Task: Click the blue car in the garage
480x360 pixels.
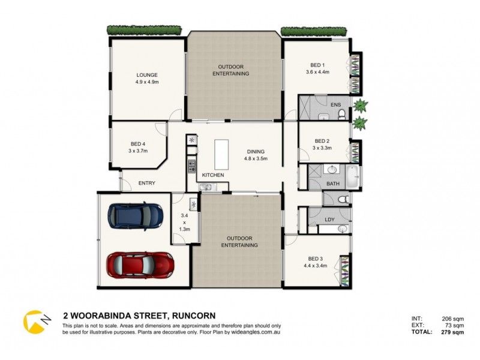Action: pos(135,215)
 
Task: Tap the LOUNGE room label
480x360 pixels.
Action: pos(146,75)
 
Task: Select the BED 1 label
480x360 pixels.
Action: pos(318,64)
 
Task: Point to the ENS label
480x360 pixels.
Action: pos(336,105)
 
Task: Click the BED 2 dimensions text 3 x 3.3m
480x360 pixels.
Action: pos(322,148)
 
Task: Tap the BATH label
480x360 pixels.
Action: pos(332,183)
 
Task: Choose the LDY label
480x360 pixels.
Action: pos(329,219)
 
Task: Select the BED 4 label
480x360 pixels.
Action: pos(138,143)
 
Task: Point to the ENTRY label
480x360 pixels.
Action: pos(147,183)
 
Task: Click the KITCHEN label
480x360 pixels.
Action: pos(212,175)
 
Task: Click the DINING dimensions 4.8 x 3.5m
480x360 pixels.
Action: pos(255,159)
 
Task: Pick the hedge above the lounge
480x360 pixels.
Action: pos(145,30)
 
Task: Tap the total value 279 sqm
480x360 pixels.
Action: pos(449,332)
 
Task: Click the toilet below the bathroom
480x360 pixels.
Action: pos(341,199)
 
